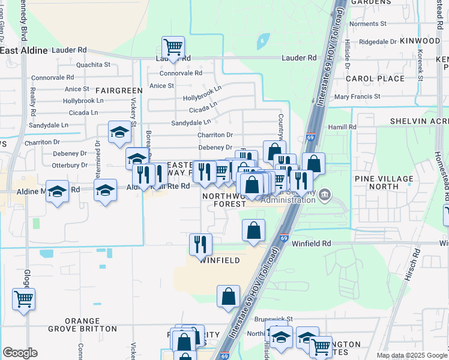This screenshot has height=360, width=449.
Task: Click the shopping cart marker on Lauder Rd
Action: coord(173,47)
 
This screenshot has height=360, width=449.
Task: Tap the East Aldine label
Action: coord(24,50)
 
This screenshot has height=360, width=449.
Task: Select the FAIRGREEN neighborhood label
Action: coord(119,91)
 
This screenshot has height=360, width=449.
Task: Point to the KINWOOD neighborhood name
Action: coord(420,40)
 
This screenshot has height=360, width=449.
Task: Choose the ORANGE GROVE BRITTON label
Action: coord(91,325)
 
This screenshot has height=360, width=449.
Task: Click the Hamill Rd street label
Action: coord(342,127)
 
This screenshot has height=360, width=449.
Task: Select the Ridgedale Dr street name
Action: coord(378,42)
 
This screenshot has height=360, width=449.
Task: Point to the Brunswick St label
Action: coord(272,319)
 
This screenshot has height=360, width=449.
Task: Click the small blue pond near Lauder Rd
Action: coord(263,42)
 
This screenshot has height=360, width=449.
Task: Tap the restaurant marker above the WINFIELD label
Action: coord(200,244)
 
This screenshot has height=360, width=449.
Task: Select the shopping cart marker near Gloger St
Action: coord(23,298)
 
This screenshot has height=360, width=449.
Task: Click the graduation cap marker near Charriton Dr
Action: coord(119,132)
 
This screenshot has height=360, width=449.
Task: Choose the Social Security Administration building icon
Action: coord(325,194)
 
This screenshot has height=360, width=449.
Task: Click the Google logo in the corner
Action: coord(20,353)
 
